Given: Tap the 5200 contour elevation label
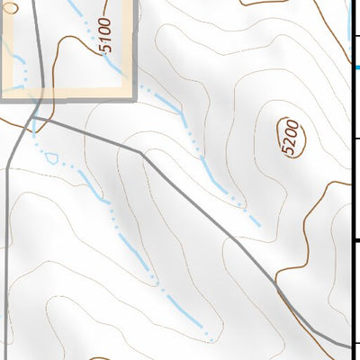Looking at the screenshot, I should [291, 138].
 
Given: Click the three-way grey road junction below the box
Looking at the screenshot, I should [34, 116].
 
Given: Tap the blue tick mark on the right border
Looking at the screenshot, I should [356, 67].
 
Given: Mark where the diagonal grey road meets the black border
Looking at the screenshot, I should [348, 345].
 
